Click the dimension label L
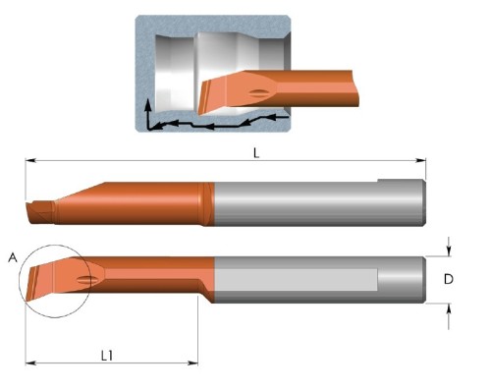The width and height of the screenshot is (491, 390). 256,153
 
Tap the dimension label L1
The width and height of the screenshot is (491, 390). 107,356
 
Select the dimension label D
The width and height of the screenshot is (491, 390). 449,279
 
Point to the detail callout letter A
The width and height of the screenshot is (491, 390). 13,257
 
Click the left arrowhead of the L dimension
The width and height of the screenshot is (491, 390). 30,160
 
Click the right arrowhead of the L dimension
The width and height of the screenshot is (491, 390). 421,160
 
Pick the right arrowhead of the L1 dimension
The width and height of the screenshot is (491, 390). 193,362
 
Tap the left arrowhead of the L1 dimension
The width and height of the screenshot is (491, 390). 30,362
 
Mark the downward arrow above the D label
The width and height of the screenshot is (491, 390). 449,247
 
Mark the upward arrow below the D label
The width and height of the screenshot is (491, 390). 449,316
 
